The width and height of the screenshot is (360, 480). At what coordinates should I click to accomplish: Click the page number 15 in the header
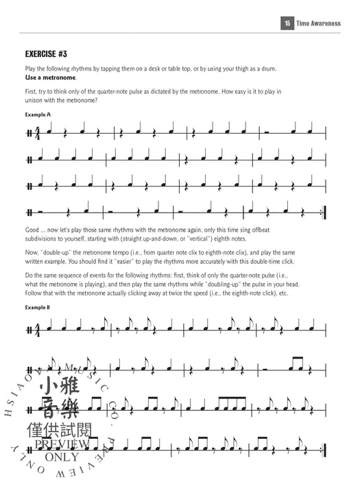pyautogui.click(x=287, y=23)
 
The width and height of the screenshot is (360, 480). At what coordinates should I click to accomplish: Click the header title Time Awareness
pyautogui.click(x=321, y=23)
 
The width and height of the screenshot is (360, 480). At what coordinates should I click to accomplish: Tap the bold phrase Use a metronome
pyautogui.click(x=51, y=78)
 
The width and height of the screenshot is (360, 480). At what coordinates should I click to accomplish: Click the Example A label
pyautogui.click(x=38, y=115)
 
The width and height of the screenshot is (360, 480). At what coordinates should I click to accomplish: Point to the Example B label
pyautogui.click(x=38, y=308)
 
